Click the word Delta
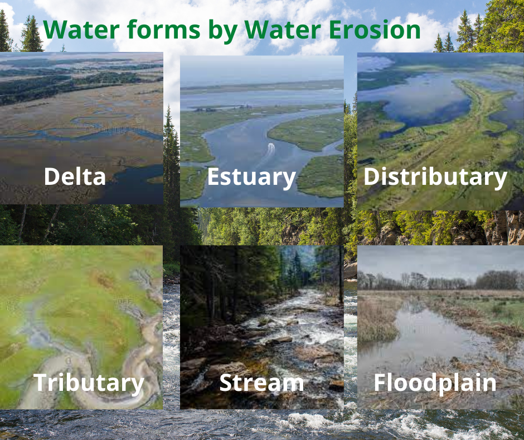[x=75, y=177]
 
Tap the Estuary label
[x=251, y=177]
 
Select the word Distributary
[x=435, y=177]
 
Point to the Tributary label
[x=89, y=383]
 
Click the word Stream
[x=261, y=383]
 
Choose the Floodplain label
[x=435, y=383]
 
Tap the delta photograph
[x=81, y=112]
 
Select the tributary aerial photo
[x=81, y=313]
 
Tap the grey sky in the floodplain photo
[x=440, y=260]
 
